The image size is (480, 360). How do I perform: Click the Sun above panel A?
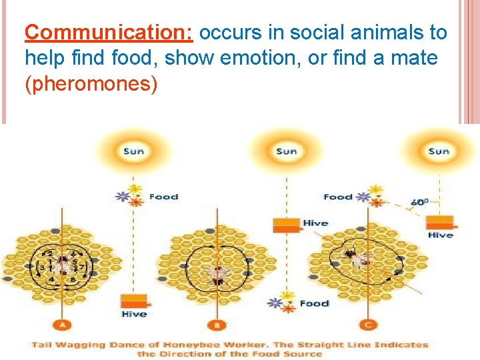(x=133, y=151)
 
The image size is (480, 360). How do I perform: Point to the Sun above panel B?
(x=286, y=151)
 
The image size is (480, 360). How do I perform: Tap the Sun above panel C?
(x=438, y=151)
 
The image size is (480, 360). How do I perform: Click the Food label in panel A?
(x=163, y=197)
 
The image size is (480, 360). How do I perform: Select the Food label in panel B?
(x=314, y=303)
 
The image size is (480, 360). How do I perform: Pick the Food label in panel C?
(x=337, y=197)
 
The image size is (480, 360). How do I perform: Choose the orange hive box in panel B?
(x=287, y=225)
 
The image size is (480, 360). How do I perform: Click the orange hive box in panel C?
(x=440, y=223)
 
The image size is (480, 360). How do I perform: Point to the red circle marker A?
(x=63, y=325)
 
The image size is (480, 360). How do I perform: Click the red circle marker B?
(x=217, y=325)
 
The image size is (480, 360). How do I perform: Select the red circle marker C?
(x=369, y=325)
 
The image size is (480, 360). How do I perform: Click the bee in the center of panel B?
(x=217, y=273)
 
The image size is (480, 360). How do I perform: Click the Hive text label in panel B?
(x=315, y=223)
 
